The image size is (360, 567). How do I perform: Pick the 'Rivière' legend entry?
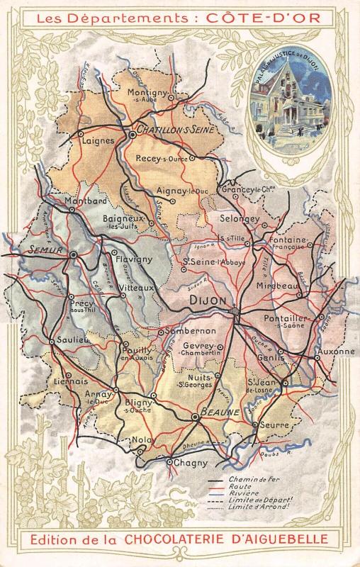(x=242, y=494)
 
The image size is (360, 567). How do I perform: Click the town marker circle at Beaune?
(x=195, y=418)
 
